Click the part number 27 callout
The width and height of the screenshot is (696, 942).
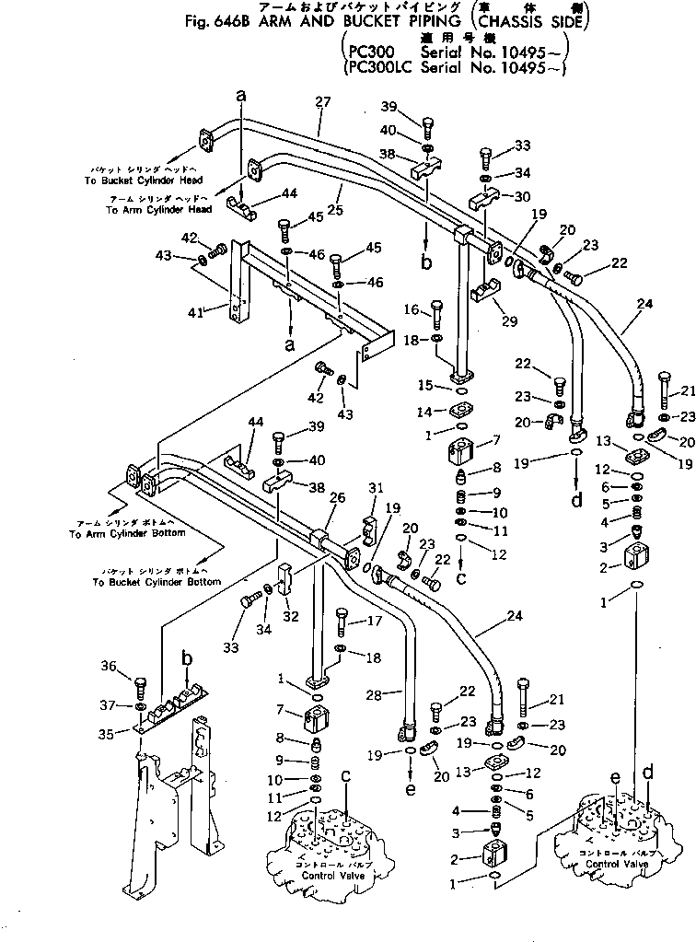click(321, 103)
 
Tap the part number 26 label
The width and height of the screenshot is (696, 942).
click(336, 498)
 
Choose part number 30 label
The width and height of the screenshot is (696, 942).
click(523, 196)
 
